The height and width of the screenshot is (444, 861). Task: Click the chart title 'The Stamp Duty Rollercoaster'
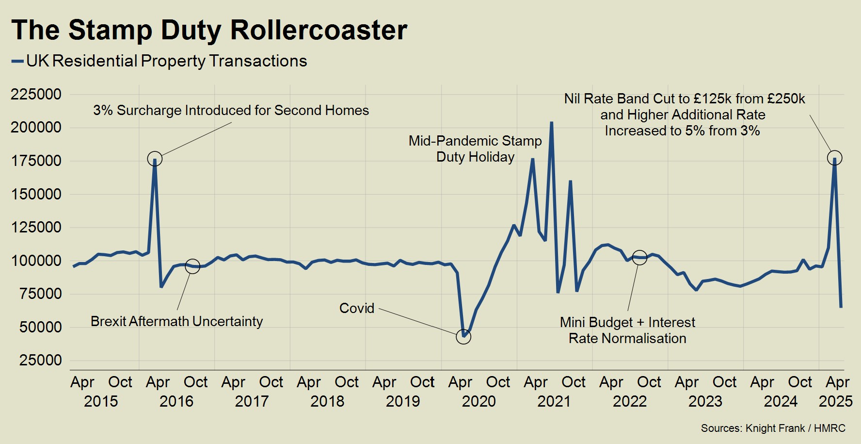click(209, 30)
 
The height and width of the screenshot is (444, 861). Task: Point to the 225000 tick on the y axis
click(36, 94)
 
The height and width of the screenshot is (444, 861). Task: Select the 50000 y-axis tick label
click(41, 327)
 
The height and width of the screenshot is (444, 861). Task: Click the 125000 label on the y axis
click(36, 227)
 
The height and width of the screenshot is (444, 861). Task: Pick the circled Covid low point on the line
click(463, 337)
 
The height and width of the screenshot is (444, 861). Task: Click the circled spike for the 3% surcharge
click(155, 159)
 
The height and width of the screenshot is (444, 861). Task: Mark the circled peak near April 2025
click(834, 158)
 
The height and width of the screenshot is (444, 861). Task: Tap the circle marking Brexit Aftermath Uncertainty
click(192, 266)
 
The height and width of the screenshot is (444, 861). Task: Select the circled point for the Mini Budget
click(639, 258)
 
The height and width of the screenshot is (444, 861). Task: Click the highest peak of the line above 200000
click(551, 123)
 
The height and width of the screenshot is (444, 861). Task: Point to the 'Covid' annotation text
click(357, 308)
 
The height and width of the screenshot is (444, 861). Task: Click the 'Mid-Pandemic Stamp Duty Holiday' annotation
click(475, 149)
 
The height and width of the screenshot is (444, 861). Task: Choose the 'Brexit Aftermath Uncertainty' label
click(176, 321)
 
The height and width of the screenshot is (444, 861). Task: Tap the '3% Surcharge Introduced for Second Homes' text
click(231, 111)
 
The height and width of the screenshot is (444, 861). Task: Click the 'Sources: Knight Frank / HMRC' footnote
click(773, 428)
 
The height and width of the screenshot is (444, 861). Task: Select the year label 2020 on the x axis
click(478, 401)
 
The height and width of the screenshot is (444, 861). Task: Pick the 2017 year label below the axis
click(252, 401)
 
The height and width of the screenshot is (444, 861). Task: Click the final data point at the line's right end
click(841, 307)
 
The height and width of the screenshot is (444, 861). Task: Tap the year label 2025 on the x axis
click(835, 401)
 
